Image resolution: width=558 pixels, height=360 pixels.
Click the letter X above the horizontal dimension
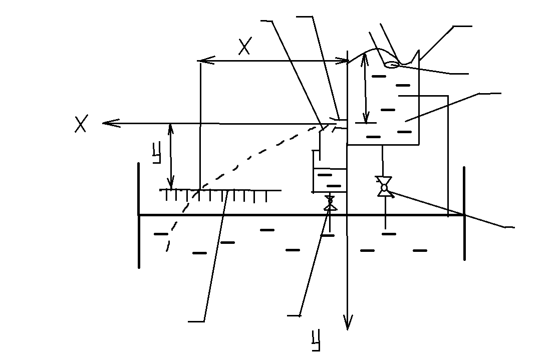(244, 46)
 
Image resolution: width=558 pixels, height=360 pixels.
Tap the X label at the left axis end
(81, 124)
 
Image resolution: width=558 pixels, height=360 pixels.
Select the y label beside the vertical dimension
(157, 152)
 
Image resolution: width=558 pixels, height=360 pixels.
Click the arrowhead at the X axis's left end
(110, 124)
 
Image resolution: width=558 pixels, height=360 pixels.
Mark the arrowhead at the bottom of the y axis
(348, 322)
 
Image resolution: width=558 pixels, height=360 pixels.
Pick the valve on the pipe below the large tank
(384, 186)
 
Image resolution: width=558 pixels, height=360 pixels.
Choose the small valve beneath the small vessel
(330, 202)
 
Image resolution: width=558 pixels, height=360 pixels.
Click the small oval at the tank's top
(392, 65)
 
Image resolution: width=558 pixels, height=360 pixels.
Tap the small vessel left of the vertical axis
(330, 180)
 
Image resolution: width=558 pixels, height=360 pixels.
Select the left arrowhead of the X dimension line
(206, 61)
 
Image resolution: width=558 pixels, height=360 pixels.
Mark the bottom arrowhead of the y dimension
(171, 184)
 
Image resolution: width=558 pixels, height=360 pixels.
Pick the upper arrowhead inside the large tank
(365, 59)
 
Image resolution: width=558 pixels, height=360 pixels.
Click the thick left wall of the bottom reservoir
(138, 215)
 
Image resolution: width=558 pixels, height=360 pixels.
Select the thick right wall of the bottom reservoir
(464, 213)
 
